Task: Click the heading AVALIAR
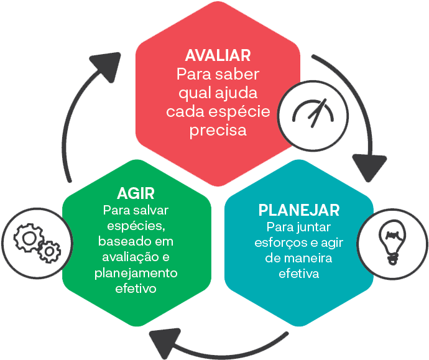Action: (x=218, y=55)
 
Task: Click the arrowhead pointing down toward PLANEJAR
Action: (x=370, y=166)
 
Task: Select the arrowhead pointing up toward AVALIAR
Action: (x=106, y=64)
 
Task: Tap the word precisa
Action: (x=218, y=131)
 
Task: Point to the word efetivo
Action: (x=136, y=288)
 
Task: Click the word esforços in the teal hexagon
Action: (x=276, y=242)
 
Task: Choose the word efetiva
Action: (x=298, y=273)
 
